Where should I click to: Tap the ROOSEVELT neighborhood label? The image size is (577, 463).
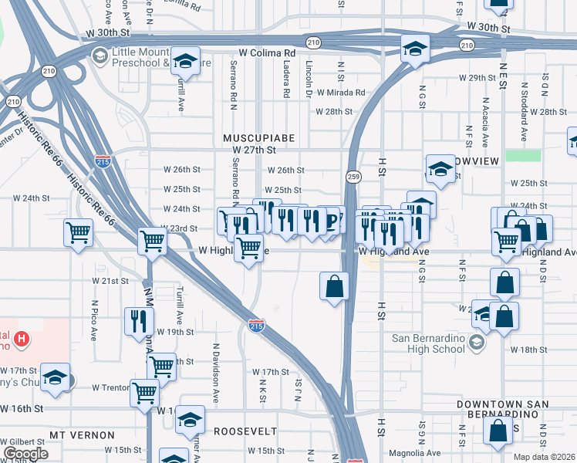(x=245, y=431)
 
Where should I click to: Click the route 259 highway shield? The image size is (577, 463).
(x=353, y=177)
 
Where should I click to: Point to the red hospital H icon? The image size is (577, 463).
(x=22, y=338)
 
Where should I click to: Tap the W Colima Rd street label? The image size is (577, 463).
(x=267, y=53)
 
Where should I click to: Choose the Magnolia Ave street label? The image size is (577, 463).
(x=416, y=453)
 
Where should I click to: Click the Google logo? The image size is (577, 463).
(x=25, y=454)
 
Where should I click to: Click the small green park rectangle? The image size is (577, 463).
(x=523, y=155)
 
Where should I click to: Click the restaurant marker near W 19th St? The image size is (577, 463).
(x=138, y=320)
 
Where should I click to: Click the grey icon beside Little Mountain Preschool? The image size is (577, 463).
(x=100, y=56)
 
